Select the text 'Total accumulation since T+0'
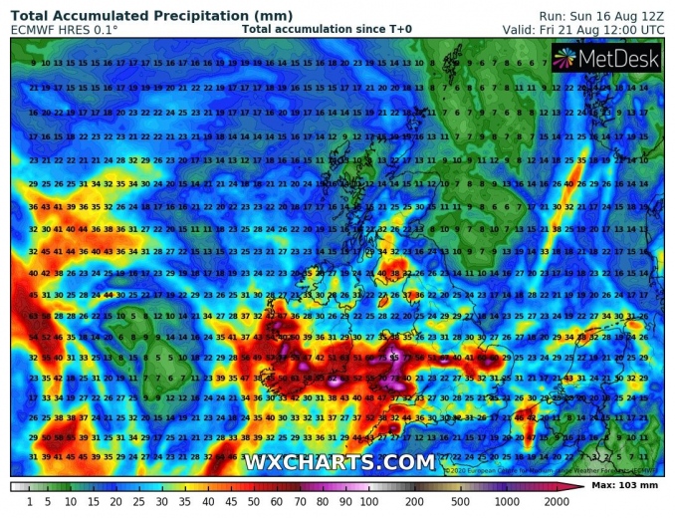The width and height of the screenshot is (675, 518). point(327,30)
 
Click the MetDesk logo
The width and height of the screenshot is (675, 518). point(605,61)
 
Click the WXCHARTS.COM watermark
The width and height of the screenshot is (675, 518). point(339,462)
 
